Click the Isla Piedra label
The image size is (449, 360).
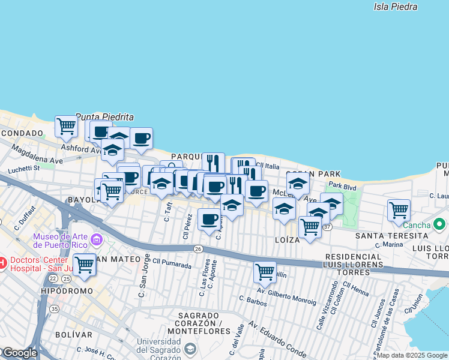tap(395, 7)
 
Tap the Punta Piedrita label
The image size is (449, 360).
tap(104, 117)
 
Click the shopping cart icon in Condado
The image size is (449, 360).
tap(66, 127)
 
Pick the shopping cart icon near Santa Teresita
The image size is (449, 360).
tap(399, 210)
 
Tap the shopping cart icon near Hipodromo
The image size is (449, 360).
tap(84, 265)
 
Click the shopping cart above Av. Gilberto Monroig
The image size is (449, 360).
tap(264, 272)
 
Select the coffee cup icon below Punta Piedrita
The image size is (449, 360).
tap(142, 139)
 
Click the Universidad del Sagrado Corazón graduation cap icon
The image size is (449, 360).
tap(190, 349)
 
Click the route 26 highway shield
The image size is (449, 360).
tap(197, 248)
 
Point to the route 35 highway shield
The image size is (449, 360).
tap(55, 309)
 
